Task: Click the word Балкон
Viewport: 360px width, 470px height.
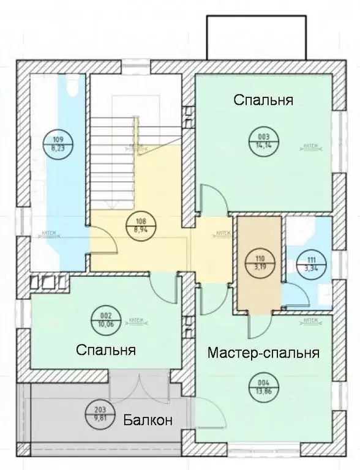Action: pyautogui.click(x=147, y=420)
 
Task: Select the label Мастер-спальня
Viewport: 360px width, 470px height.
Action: pyautogui.click(x=264, y=353)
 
